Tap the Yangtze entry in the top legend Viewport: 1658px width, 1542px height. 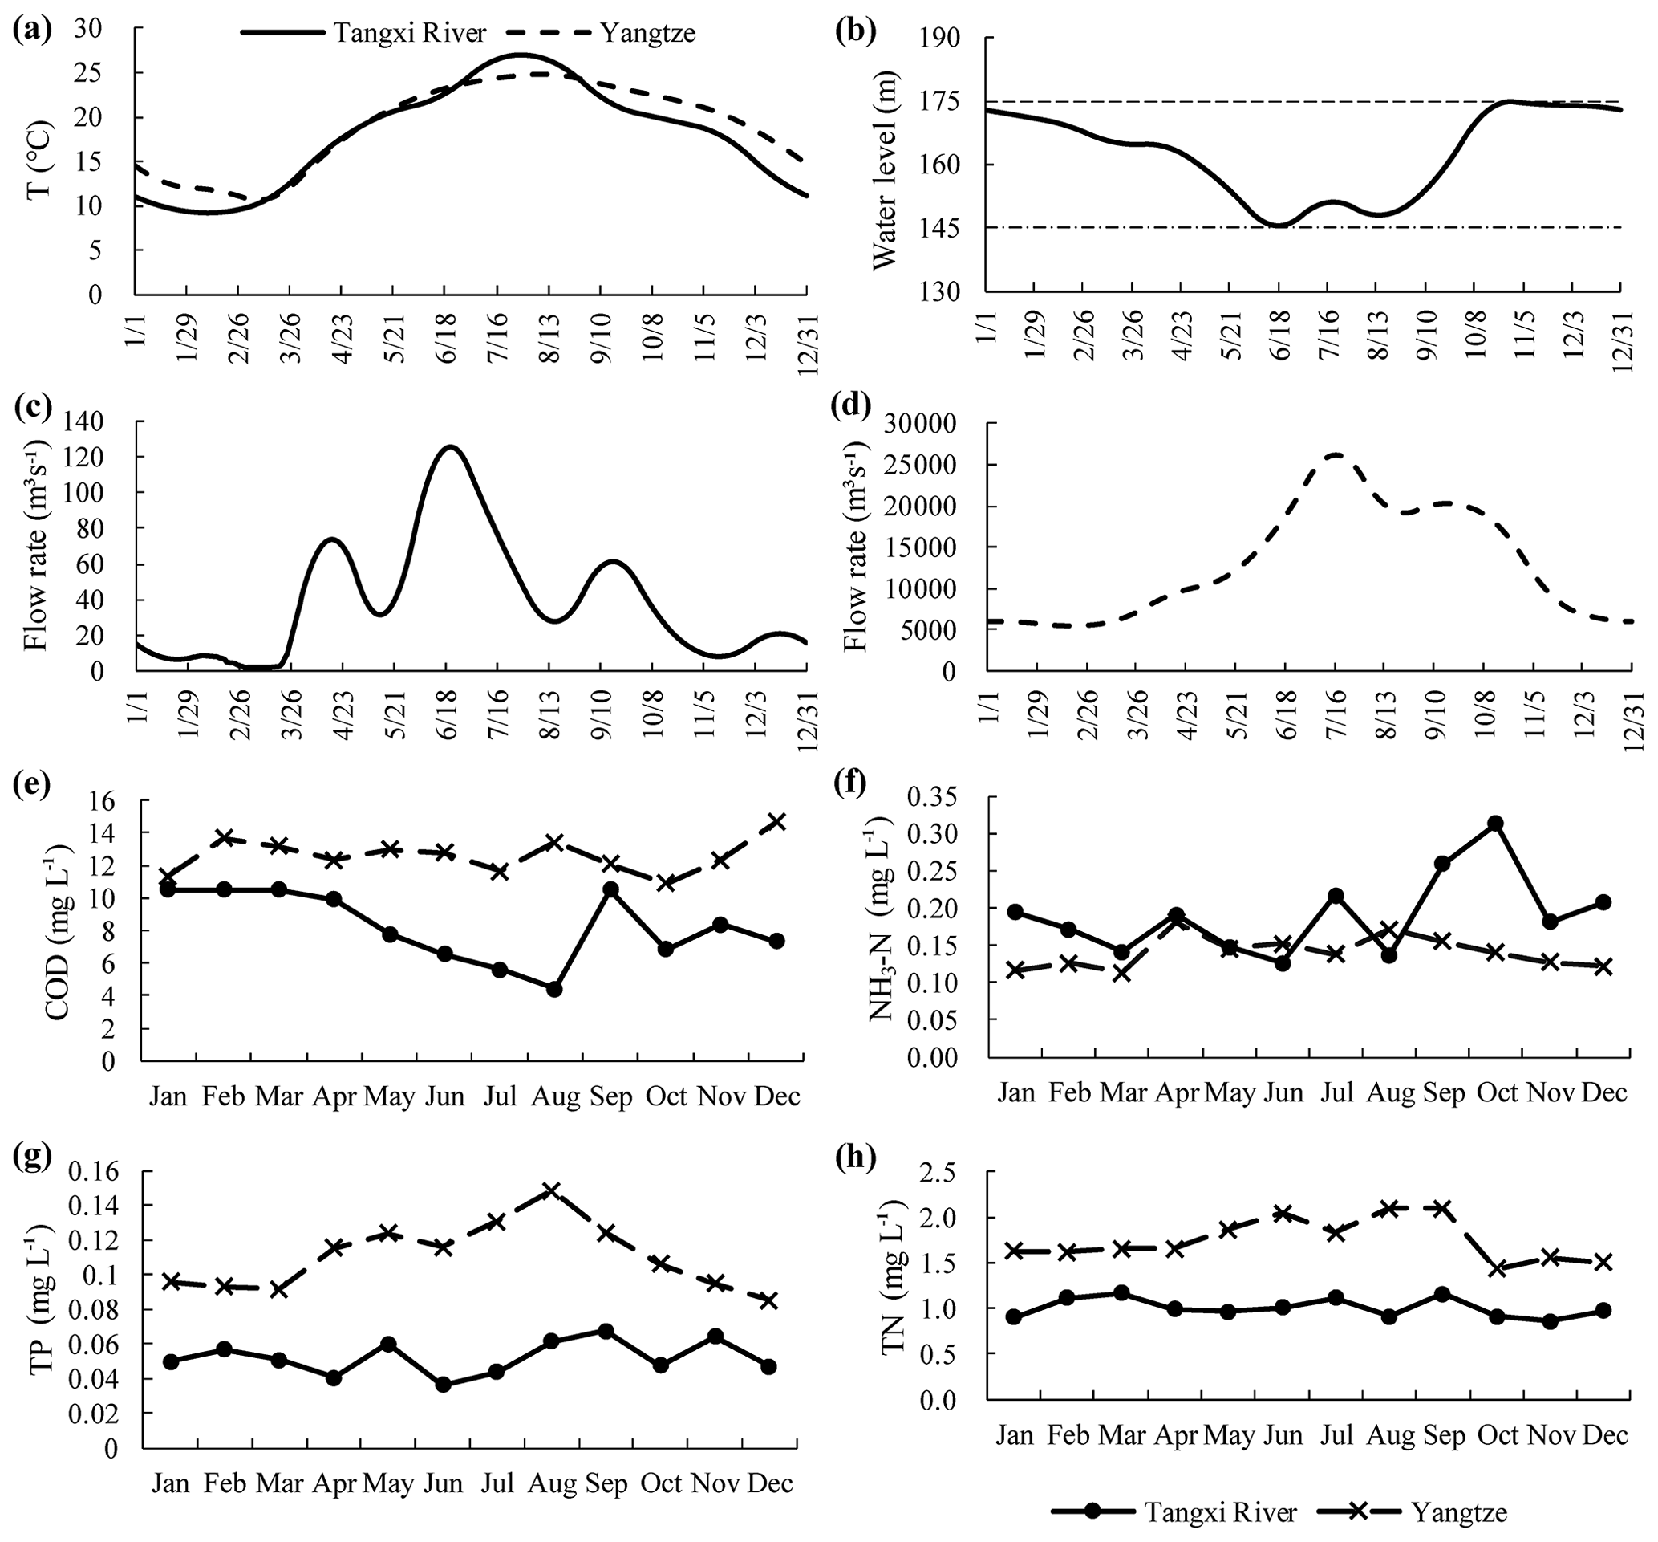click(647, 33)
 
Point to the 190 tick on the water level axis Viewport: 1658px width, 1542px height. click(953, 39)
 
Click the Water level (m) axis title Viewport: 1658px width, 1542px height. click(884, 165)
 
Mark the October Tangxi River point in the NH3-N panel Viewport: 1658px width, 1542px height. click(1495, 824)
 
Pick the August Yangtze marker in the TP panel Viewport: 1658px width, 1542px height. click(551, 1190)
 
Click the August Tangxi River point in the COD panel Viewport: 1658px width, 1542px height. click(553, 990)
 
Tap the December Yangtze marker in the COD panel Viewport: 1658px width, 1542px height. click(776, 821)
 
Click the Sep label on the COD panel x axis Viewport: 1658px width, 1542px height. click(610, 1096)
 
